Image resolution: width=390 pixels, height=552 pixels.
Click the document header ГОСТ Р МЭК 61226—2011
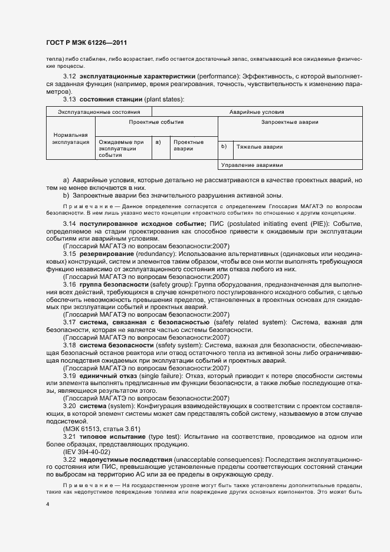pyautogui.click(x=86, y=43)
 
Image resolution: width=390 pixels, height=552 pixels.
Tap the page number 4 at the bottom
pyautogui.click(x=48, y=505)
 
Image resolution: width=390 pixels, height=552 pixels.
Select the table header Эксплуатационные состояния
pyautogui.click(x=99, y=111)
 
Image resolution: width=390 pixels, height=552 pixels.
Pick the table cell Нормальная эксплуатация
pyautogui.click(x=70, y=139)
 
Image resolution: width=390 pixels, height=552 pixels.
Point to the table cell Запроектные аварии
pyautogui.click(x=290, y=123)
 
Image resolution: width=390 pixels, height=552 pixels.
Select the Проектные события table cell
pyautogui.click(x=156, y=123)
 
